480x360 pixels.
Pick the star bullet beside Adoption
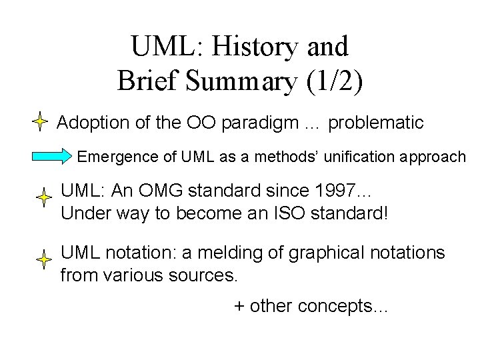[x=41, y=123]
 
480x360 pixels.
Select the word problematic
[x=376, y=123]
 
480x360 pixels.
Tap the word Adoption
[x=89, y=123]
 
